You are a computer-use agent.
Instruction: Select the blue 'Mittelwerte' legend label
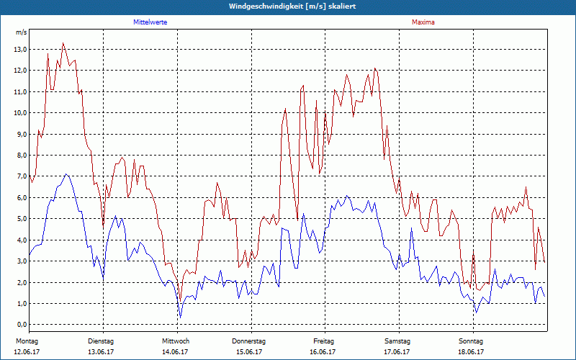click(x=150, y=22)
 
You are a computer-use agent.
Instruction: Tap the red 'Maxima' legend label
click(x=423, y=22)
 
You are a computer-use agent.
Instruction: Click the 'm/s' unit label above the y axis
click(x=21, y=32)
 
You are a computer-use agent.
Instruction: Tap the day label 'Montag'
click(x=27, y=341)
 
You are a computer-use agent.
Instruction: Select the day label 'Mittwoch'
click(x=176, y=341)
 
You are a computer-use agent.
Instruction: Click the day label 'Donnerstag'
click(x=249, y=341)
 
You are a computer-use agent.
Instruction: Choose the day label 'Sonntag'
click(x=472, y=341)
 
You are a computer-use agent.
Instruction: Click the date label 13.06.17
click(x=102, y=351)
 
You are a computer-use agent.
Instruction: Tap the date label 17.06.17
click(x=397, y=351)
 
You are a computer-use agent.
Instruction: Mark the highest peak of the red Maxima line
click(x=63, y=43)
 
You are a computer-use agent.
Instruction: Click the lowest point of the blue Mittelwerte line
click(x=180, y=318)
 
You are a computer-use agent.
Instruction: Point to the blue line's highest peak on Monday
click(x=66, y=174)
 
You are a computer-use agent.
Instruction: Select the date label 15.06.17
click(x=249, y=351)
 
